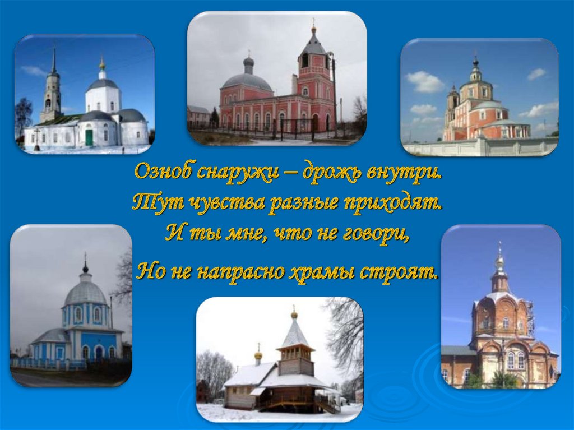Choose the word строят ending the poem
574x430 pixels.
(x=401, y=272)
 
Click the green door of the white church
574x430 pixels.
(x=89, y=137)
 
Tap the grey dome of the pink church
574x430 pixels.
(x=247, y=81)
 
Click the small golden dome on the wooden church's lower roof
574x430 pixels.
(x=258, y=355)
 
